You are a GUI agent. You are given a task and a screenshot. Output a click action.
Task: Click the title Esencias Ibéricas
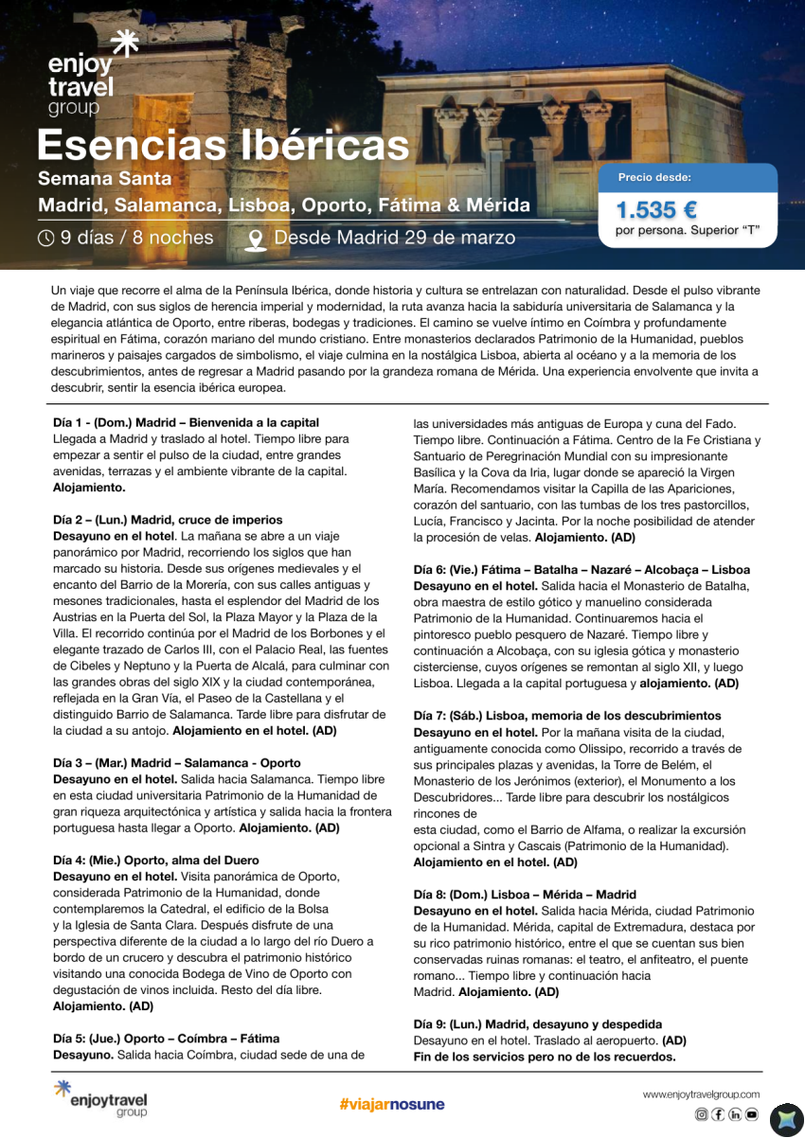point(223,146)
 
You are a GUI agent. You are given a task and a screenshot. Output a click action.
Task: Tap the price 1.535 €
point(656,209)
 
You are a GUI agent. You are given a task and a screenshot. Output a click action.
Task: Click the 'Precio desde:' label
point(654,177)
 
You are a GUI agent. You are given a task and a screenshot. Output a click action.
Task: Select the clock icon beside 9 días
point(45,238)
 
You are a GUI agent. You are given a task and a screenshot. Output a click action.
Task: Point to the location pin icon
point(255,239)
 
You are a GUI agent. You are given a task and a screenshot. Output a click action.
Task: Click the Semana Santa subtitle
point(104,178)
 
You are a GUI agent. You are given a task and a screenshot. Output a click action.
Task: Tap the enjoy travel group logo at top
point(82,76)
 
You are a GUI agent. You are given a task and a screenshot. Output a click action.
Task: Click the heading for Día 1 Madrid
point(186,422)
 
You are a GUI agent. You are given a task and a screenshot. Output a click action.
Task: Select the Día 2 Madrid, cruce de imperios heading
point(167,520)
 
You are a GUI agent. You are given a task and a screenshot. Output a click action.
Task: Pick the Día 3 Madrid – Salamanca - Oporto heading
point(176,763)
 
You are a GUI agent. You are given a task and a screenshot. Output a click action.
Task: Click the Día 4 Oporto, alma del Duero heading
point(155,861)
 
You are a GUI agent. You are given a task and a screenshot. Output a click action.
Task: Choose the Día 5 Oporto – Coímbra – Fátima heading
point(165,1039)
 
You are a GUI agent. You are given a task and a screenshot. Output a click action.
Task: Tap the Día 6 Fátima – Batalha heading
point(581,570)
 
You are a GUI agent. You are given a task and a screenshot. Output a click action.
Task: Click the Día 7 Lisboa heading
point(566,716)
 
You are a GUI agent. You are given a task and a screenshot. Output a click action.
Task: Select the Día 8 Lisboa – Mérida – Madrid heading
point(537,895)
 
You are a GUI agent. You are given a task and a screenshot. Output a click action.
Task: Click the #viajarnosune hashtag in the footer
point(391,1104)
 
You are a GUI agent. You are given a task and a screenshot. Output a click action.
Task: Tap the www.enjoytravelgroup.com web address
point(701,1094)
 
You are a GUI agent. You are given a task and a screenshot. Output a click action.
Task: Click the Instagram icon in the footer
point(702,1114)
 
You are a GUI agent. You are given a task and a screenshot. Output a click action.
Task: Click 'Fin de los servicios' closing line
point(544,1057)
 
